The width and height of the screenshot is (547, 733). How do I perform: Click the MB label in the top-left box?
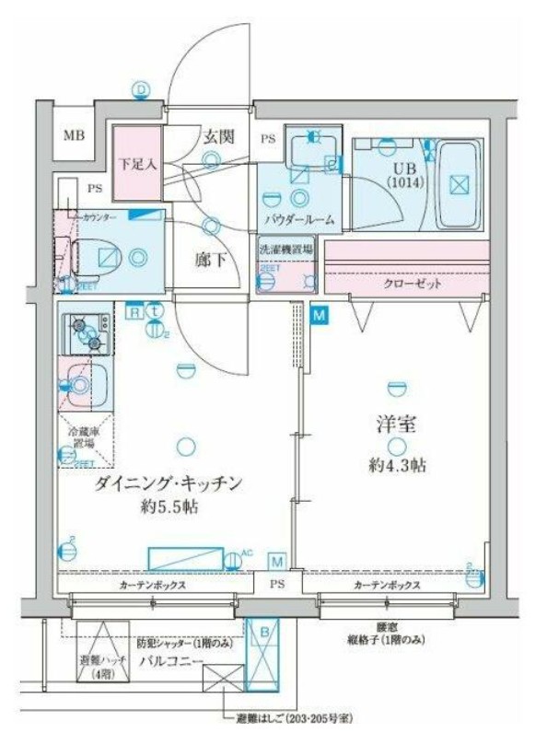tap(73, 136)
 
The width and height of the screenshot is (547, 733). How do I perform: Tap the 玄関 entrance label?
tap(218, 137)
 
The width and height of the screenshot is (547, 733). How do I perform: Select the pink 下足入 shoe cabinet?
tap(137, 166)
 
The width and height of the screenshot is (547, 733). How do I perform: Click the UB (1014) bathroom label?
tap(402, 175)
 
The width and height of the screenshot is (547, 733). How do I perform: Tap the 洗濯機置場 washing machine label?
tap(285, 249)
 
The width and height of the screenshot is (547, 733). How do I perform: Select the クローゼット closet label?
tap(412, 284)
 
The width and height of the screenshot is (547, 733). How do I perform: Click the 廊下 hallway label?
tap(211, 260)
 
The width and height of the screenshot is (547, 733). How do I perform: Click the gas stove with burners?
tap(86, 333)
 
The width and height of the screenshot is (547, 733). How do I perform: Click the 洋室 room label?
tap(397, 425)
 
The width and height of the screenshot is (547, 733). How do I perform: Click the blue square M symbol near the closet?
tap(320, 316)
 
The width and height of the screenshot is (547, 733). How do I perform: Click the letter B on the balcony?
tap(264, 633)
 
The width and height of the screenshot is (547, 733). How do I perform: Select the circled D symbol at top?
tap(141, 89)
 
